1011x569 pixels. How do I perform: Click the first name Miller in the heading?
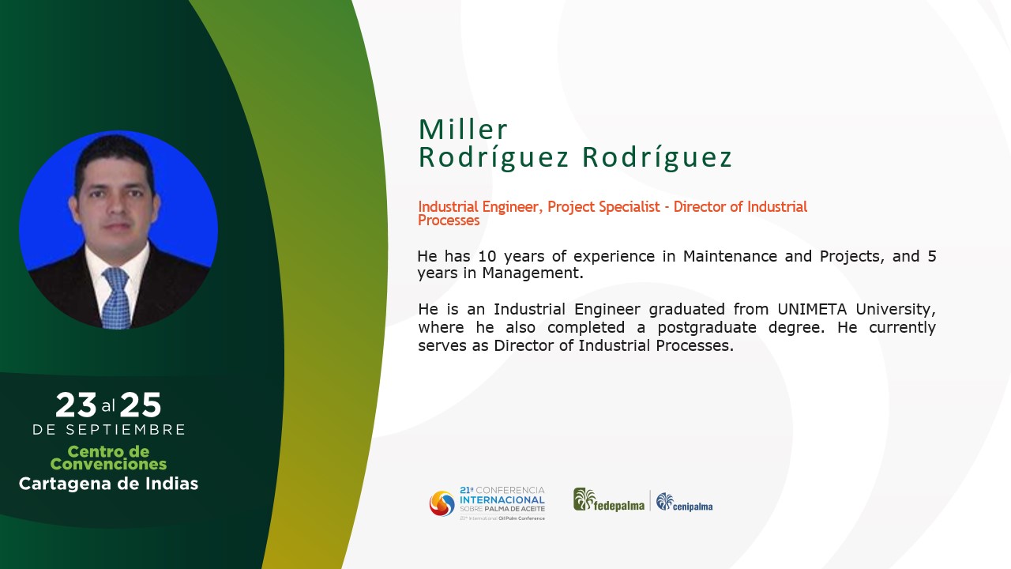click(x=463, y=130)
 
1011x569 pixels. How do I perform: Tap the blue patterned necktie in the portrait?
click(x=116, y=297)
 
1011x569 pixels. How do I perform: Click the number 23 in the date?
click(x=76, y=405)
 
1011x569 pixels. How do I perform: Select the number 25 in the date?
click(x=141, y=405)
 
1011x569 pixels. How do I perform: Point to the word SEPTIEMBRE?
click(x=126, y=429)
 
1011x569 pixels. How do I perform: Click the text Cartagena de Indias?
click(x=108, y=484)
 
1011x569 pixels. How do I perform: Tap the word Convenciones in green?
click(x=108, y=464)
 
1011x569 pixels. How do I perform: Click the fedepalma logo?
click(x=609, y=500)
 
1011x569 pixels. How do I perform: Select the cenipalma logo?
click(x=684, y=502)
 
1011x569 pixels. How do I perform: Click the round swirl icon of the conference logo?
click(x=442, y=503)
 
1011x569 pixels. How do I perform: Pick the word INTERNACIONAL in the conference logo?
click(x=502, y=500)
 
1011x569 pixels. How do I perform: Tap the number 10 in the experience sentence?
click(x=487, y=256)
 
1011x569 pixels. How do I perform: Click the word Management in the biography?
click(x=532, y=273)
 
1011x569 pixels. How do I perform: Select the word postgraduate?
click(x=707, y=327)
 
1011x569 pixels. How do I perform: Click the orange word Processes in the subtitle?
click(x=449, y=220)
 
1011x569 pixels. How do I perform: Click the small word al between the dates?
click(x=108, y=406)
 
